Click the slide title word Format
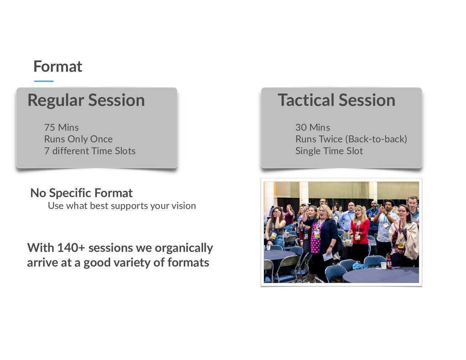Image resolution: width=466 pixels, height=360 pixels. click(58, 66)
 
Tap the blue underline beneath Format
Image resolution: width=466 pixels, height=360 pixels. click(44, 81)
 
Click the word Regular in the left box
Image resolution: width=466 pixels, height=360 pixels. click(56, 101)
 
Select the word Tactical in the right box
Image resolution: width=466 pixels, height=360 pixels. click(306, 100)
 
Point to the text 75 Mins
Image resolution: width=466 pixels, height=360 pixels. click(61, 127)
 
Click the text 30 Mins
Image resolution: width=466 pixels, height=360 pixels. click(313, 127)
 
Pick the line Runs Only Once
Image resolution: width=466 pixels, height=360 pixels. click(78, 139)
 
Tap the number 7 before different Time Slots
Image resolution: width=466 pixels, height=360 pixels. click(47, 151)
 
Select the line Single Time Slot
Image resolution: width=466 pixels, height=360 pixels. click(329, 151)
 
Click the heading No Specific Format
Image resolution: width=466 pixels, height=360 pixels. click(81, 193)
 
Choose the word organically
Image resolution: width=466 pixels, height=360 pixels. click(184, 248)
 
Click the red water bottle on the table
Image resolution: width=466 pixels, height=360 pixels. click(389, 262)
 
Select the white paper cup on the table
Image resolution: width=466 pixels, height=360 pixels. click(383, 265)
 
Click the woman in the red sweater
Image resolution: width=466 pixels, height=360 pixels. click(360, 235)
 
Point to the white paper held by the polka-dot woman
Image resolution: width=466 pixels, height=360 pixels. click(327, 257)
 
